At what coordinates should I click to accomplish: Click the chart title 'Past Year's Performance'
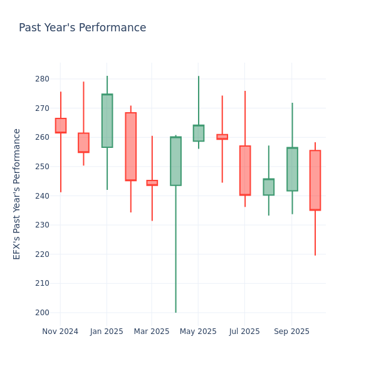(x=82, y=28)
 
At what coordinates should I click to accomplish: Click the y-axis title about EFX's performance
(x=17, y=194)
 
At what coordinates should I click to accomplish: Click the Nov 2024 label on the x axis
(x=60, y=332)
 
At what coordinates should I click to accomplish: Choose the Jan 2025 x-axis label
(x=107, y=332)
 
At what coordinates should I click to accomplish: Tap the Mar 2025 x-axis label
(x=152, y=332)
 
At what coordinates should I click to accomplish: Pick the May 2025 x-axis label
(x=198, y=332)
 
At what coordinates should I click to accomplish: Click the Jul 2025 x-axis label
(x=244, y=332)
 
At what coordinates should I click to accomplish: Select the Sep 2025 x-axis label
(x=291, y=332)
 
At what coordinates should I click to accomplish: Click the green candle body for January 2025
(x=107, y=121)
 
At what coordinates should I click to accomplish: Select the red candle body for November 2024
(x=60, y=125)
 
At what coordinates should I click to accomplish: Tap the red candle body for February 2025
(x=130, y=147)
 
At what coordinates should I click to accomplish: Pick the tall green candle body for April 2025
(x=175, y=161)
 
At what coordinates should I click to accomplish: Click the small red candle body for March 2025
(x=152, y=183)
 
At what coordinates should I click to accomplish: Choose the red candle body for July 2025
(x=245, y=170)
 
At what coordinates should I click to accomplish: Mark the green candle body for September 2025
(x=292, y=169)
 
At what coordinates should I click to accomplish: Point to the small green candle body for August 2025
(x=268, y=187)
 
